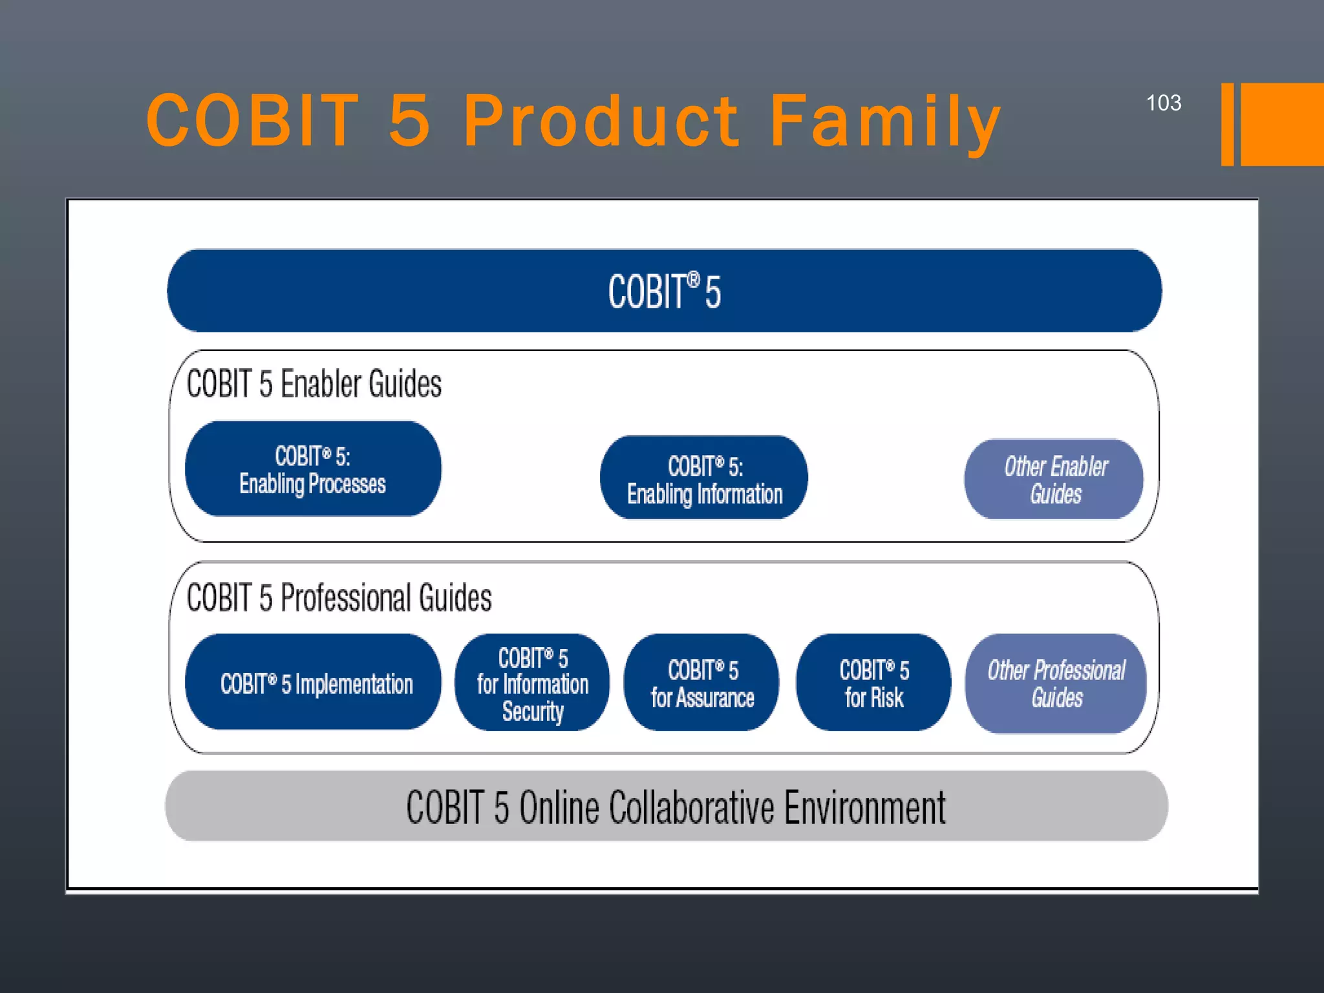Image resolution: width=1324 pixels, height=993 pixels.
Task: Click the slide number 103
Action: [1163, 103]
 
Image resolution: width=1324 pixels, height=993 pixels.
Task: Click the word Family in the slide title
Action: [884, 121]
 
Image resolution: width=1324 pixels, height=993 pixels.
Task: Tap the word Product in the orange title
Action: [601, 121]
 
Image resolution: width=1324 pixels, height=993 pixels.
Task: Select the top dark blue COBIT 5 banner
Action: [664, 291]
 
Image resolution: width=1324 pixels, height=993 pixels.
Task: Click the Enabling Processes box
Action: [313, 469]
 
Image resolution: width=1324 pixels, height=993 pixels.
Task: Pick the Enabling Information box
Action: [704, 478]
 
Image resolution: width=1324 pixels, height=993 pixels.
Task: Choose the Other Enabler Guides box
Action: [1054, 479]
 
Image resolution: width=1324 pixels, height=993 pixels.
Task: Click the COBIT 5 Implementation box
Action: [313, 683]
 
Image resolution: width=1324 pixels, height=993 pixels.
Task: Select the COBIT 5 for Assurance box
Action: [701, 683]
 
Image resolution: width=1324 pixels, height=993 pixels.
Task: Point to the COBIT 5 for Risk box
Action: [873, 683]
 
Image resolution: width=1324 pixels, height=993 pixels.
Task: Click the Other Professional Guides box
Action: [1055, 683]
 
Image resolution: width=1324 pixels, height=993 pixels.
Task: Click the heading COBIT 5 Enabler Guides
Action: [314, 383]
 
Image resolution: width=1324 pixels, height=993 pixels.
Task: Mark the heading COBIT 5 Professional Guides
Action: [339, 597]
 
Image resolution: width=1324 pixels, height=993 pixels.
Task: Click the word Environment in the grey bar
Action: [865, 807]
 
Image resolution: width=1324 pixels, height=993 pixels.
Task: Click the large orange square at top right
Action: [1282, 124]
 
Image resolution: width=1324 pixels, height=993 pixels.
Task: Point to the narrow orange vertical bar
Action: [1227, 124]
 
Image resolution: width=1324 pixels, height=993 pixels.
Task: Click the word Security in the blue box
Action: [533, 711]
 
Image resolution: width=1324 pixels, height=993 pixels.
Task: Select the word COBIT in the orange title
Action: [252, 121]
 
